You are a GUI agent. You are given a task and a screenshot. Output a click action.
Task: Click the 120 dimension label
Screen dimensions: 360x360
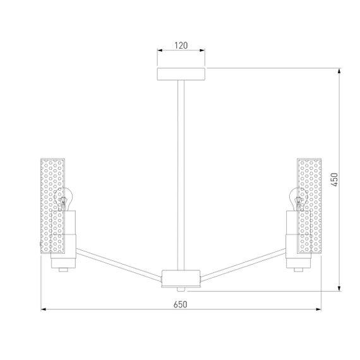pyautogui.click(x=181, y=45)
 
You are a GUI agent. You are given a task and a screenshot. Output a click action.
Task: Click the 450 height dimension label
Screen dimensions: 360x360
pyautogui.click(x=335, y=179)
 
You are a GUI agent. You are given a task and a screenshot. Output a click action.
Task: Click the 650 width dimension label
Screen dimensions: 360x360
pyautogui.click(x=180, y=304)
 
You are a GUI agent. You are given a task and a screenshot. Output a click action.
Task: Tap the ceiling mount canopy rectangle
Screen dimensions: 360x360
pyautogui.click(x=181, y=74)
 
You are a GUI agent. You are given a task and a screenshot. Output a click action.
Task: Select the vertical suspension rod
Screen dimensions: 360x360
pyautogui.click(x=181, y=175)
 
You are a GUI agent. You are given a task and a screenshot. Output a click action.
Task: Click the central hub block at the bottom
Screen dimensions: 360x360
pyautogui.click(x=181, y=279)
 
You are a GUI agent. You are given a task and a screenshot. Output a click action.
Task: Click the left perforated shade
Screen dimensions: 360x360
pyautogui.click(x=52, y=206)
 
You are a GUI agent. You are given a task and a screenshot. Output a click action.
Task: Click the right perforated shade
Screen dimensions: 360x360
pyautogui.click(x=309, y=206)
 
